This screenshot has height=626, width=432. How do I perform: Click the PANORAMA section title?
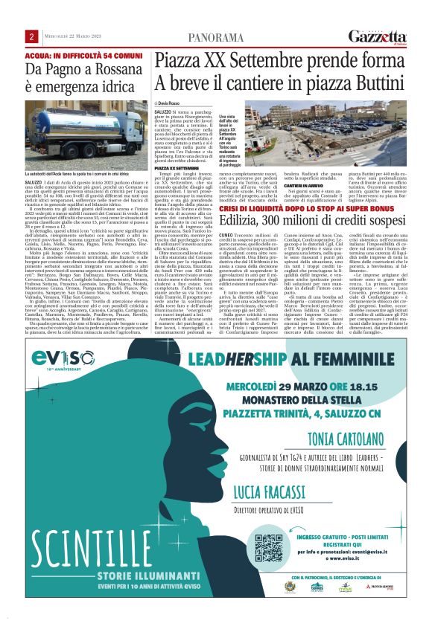pyautogui.click(x=216, y=37)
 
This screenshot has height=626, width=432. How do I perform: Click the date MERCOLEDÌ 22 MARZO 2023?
pyautogui.click(x=72, y=37)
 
